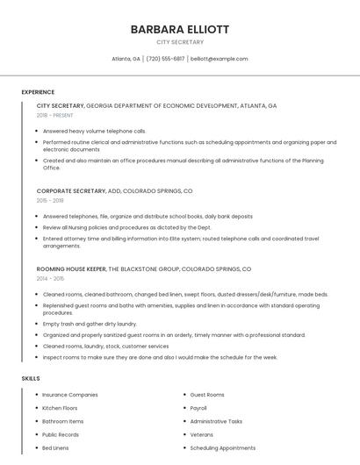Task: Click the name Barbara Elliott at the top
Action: point(179,29)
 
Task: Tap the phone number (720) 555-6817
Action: point(165,59)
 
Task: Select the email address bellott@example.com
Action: point(220,59)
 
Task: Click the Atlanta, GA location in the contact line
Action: point(126,59)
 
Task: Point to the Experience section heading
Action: point(38,92)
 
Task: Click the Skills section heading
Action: point(31,378)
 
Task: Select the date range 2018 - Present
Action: point(54,115)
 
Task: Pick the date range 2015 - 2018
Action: point(50,200)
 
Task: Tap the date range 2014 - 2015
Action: point(50,278)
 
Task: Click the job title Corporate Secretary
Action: point(69,190)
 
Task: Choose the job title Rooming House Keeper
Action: point(71,268)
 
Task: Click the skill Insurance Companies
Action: point(70,395)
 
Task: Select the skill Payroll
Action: point(198,408)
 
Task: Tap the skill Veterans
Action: point(201,434)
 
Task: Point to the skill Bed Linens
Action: point(55,447)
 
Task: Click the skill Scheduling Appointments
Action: point(222,447)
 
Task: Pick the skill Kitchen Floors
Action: point(60,408)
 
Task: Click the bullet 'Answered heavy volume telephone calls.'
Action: point(94,131)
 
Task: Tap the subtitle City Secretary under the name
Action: point(179,42)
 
